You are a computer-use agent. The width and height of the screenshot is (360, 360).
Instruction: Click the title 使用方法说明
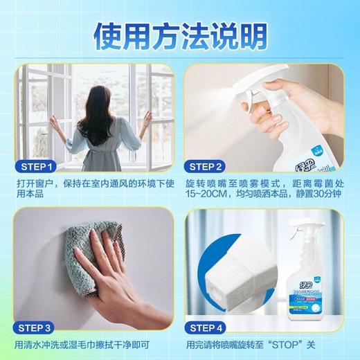pyautogui.click(x=180, y=33)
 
